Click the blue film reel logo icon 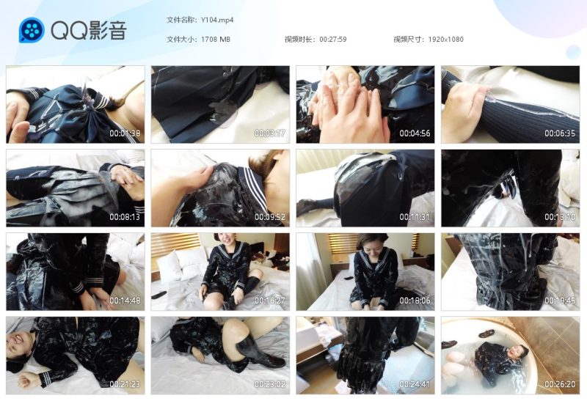tap(32, 30)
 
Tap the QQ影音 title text tap(89, 30)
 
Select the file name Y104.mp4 tap(217, 21)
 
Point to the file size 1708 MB tap(216, 40)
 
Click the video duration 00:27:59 tap(333, 40)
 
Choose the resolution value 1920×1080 tap(445, 40)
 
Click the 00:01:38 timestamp tap(125, 133)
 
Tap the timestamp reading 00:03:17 tap(270, 133)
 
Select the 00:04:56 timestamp tap(415, 133)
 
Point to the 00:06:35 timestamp tap(560, 133)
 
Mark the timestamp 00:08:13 tap(125, 217)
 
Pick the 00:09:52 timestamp tap(270, 217)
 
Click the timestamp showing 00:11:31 tap(415, 217)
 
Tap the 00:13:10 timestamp tap(560, 217)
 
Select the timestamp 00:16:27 tap(270, 301)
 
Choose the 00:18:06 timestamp tap(415, 301)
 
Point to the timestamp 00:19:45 tap(560, 301)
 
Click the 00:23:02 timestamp tap(270, 384)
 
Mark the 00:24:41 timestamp tap(415, 384)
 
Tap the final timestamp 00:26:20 tap(560, 384)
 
